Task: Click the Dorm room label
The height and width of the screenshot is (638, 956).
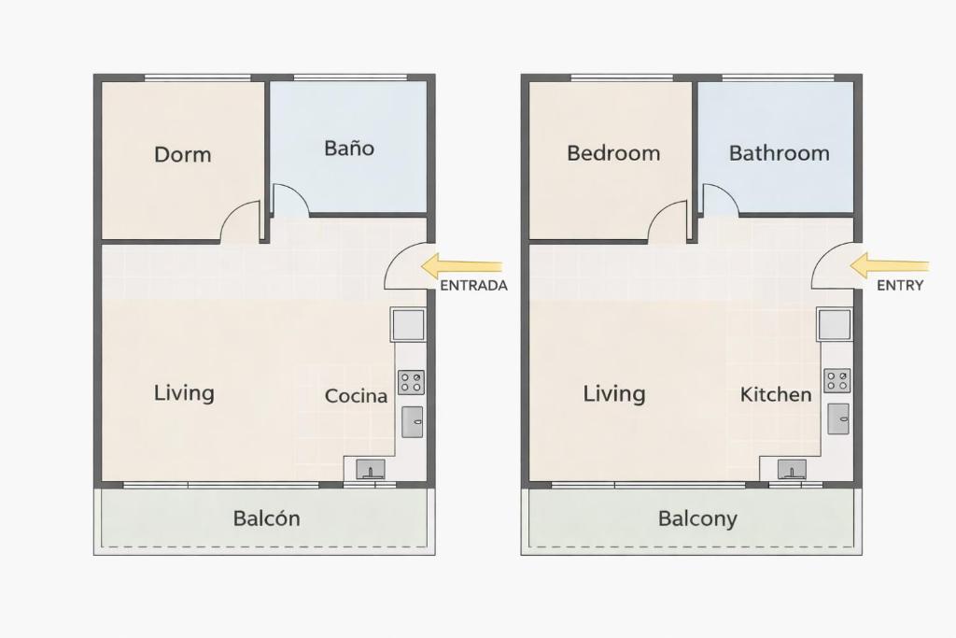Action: pos(183,154)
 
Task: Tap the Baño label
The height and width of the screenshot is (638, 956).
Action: pos(349,148)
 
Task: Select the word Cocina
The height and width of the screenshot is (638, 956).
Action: pos(356,396)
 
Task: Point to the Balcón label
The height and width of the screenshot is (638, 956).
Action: pos(266,518)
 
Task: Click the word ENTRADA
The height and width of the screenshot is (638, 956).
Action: pos(473,286)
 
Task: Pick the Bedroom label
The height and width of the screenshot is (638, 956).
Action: pos(613,152)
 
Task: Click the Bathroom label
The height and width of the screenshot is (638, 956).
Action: pos(780,152)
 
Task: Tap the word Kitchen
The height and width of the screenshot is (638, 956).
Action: pos(776,394)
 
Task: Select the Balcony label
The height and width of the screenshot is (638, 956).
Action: pos(697,519)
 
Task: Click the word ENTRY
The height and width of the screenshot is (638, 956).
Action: pos(900,286)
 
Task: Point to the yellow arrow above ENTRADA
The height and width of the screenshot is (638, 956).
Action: pos(461,266)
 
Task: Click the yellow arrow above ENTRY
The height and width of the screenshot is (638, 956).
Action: pos(890,266)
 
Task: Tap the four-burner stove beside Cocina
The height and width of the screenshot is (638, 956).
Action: pos(411,382)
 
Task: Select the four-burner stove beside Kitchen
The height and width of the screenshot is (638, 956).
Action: pos(837,380)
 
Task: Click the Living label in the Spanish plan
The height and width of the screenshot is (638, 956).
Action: pos(184,393)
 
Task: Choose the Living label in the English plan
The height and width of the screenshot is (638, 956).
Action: pos(614,394)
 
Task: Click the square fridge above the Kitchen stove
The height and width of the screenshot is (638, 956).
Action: pos(834,324)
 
